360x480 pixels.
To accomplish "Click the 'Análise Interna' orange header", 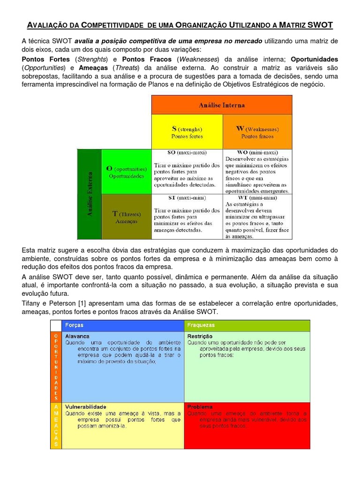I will pyautogui.click(x=222, y=105).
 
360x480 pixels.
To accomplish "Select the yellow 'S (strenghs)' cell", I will pyautogui.click(x=187, y=132).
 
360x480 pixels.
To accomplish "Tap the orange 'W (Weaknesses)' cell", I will pyautogui.click(x=257, y=132).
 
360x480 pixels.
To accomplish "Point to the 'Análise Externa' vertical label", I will pyautogui.click(x=90, y=194).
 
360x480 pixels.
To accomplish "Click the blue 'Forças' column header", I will pyautogui.click(x=75, y=325).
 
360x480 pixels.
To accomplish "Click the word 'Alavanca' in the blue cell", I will pyautogui.click(x=77, y=336).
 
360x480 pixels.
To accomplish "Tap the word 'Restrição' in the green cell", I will pyautogui.click(x=200, y=336).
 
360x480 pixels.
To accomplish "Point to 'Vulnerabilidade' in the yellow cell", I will pyautogui.click(x=86, y=406).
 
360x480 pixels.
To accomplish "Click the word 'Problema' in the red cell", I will pyautogui.click(x=200, y=407).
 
